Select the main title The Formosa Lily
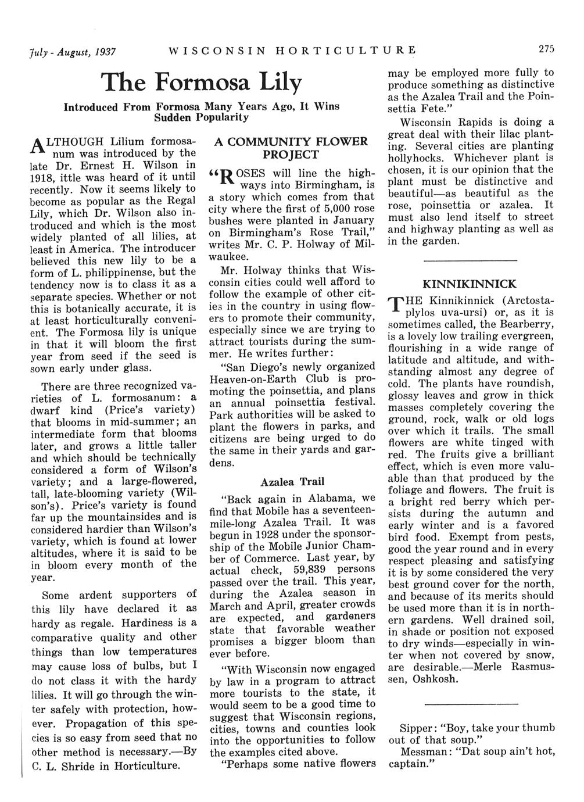point(202,84)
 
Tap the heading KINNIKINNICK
point(469,284)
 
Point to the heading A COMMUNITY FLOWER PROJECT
point(291,148)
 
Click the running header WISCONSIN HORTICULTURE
point(292,50)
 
